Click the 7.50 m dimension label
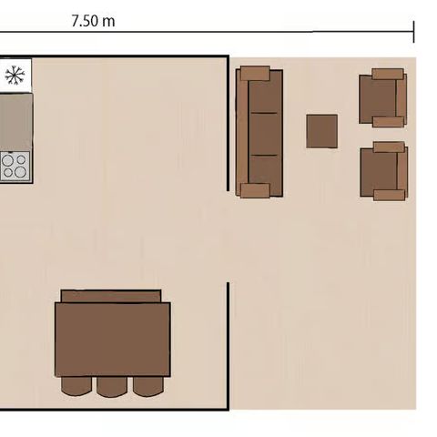coord(93,21)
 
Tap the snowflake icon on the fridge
coord(15,75)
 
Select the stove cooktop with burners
coord(15,165)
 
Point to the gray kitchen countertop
coord(15,120)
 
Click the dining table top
coord(112,338)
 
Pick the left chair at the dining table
coord(76,386)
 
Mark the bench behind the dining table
coord(111,296)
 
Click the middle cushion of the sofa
coord(265,133)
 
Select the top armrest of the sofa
coord(255,73)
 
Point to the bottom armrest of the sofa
coord(255,190)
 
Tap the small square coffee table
coord(322,130)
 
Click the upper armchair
coord(382,97)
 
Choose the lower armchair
coord(383,170)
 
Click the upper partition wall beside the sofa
coord(227,123)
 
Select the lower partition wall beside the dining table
coord(227,346)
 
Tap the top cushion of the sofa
coord(265,95)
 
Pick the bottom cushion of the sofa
coord(265,169)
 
